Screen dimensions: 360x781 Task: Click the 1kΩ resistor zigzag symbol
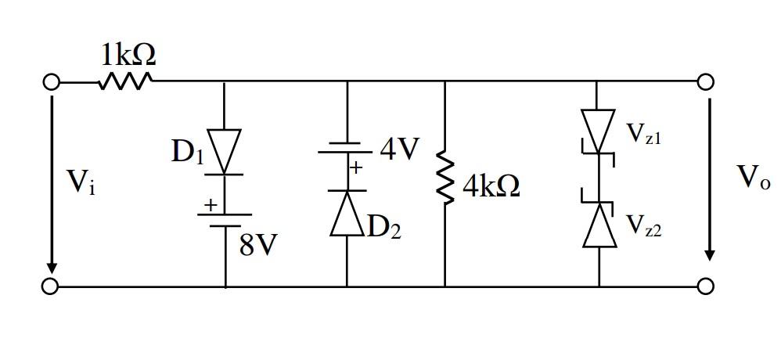coord(125,81)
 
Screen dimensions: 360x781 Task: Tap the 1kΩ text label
coord(128,55)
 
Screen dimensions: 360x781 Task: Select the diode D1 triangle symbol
coord(225,151)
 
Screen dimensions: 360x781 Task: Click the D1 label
coord(188,151)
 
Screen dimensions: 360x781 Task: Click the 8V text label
coord(258,246)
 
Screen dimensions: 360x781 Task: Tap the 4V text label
coord(400,149)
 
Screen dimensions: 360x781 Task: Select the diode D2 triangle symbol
coord(347,213)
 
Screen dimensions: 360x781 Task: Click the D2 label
coord(385,227)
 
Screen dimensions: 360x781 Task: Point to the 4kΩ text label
coord(491,186)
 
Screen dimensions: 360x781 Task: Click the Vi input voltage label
coord(81,182)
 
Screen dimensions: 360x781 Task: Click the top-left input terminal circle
coord(51,81)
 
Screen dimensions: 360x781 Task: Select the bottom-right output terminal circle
coord(705,286)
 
